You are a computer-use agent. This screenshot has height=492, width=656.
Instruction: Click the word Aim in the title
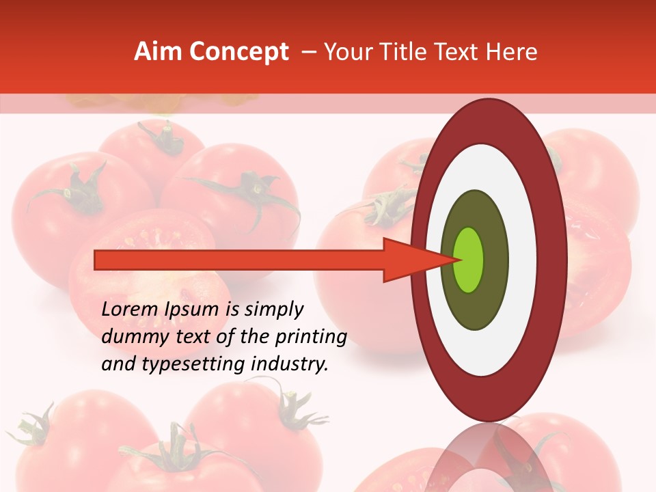159,52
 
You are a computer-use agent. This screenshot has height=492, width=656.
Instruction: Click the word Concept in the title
239,52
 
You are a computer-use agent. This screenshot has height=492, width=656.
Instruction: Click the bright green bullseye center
469,260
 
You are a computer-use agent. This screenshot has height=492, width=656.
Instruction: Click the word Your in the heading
346,52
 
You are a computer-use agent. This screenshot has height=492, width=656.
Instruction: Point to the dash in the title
308,52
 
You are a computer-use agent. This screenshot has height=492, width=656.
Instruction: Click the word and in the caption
117,364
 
